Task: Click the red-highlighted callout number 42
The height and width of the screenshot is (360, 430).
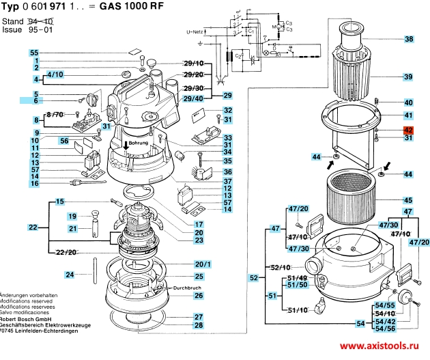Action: [408, 129]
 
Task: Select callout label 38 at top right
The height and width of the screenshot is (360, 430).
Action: [408, 39]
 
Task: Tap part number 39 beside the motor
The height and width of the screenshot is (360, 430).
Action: [408, 77]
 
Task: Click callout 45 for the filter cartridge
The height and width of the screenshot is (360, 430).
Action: [408, 200]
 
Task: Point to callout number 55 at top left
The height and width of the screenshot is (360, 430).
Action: [34, 53]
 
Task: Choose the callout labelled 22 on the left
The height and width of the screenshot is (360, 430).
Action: [33, 226]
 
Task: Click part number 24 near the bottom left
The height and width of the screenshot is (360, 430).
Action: [69, 275]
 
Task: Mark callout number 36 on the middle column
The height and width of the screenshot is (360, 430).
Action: [228, 171]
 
